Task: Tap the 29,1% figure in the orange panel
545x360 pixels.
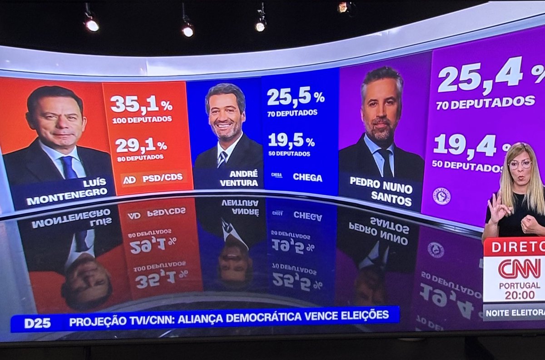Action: point(141,145)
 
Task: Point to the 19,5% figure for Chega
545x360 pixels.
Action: point(291,140)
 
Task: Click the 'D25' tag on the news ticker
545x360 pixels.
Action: point(38,323)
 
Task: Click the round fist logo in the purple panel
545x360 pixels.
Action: point(441,196)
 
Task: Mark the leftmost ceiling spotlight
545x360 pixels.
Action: point(91,25)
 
